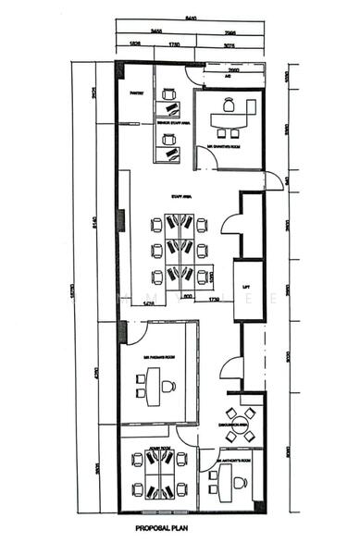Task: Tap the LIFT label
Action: click(x=246, y=288)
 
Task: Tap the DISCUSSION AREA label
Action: click(x=231, y=424)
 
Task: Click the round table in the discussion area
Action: click(x=242, y=426)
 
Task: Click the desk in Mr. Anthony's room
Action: click(x=219, y=478)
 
